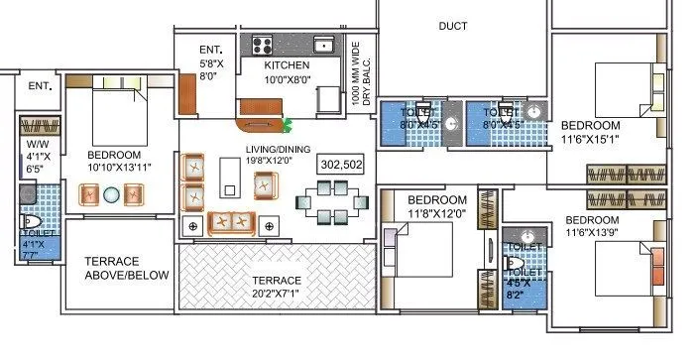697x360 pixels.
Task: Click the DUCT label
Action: click(452, 27)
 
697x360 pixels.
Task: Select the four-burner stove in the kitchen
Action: click(263, 44)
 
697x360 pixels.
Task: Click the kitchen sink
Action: click(323, 44)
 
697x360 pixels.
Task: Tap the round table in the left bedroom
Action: click(112, 194)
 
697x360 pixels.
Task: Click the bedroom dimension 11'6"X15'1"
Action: click(590, 139)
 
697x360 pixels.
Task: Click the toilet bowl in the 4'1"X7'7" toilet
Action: click(31, 224)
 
